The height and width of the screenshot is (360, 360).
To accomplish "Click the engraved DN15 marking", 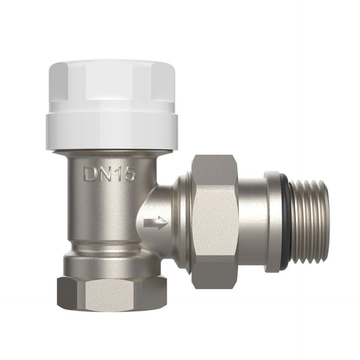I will pyautogui.click(x=110, y=174).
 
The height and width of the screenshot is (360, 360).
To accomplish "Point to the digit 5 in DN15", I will pyautogui.click(x=129, y=174).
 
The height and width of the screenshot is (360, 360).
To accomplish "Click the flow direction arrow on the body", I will pyautogui.click(x=155, y=223).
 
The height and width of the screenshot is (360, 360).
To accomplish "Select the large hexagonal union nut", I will pyautogui.click(x=215, y=220).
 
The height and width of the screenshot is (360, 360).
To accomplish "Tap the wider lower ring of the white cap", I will pyautogui.click(x=111, y=131).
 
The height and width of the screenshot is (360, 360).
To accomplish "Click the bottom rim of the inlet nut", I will pyautogui.click(x=110, y=308).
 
